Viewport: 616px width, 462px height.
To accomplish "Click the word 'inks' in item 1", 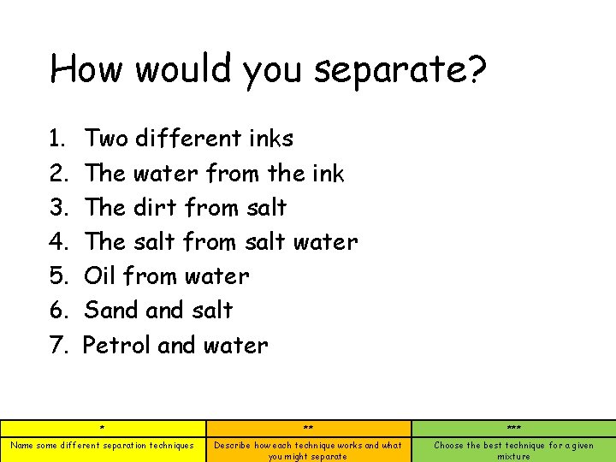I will click(x=271, y=139).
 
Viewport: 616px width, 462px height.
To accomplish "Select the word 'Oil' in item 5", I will click(x=100, y=276).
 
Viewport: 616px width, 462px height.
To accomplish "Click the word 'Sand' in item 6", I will click(x=110, y=311).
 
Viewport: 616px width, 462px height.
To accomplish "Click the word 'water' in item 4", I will click(x=325, y=242).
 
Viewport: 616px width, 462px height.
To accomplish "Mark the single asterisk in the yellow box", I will click(x=102, y=429).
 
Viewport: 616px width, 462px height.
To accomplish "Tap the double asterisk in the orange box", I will click(x=308, y=429).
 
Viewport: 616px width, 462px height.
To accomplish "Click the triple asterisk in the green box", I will click(x=513, y=429).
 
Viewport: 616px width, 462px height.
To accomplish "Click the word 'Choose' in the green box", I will click(x=449, y=445).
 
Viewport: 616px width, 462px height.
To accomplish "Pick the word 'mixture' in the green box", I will click(x=513, y=456).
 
